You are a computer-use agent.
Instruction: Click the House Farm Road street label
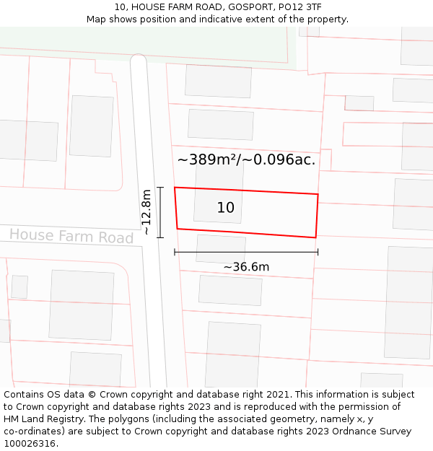point(71,236)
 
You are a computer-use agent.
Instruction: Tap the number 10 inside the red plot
point(225,208)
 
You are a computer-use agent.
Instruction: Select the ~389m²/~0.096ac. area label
point(246,159)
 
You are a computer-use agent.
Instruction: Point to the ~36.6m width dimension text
point(246,267)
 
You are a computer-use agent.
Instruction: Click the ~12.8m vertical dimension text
point(146,212)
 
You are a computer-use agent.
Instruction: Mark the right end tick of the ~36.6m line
point(318,252)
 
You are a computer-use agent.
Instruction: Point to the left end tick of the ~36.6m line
point(175,252)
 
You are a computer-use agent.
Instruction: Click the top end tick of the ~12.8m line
point(160,188)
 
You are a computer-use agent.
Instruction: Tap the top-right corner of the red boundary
point(318,194)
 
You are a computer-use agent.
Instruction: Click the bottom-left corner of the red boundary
point(178,229)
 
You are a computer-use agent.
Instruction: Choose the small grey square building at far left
point(19,286)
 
